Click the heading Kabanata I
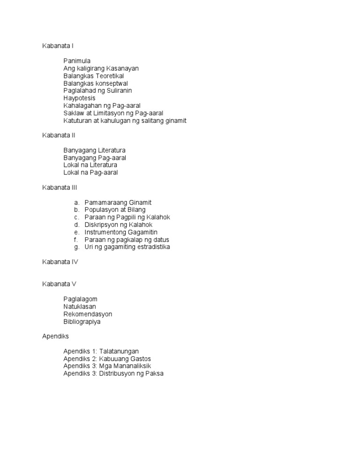[58, 46]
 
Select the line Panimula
[77, 61]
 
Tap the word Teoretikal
[110, 76]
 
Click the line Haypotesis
[79, 98]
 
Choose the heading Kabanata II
[59, 135]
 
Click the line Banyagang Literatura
[94, 150]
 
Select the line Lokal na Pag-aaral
[90, 173]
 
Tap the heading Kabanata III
[60, 188]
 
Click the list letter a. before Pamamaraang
[76, 203]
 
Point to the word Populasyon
[102, 210]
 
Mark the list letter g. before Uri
[76, 247]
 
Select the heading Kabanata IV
[60, 262]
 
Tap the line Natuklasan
[80, 307]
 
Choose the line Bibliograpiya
[82, 322]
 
